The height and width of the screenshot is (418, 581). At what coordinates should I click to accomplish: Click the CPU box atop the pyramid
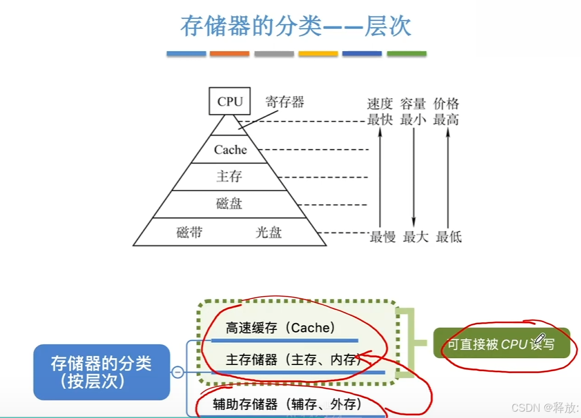230,102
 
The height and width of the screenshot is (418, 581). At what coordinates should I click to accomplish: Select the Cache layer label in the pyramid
230,150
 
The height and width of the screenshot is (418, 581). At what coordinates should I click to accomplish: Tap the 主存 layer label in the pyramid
229,177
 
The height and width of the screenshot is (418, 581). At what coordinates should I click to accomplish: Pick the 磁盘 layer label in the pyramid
229,203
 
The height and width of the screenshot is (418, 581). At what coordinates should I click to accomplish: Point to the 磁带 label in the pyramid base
189,233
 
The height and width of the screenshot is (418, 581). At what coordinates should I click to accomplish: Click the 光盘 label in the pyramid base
269,233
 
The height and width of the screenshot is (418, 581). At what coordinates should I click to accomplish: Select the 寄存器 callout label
284,102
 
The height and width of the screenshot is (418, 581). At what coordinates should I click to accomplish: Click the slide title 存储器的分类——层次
296,26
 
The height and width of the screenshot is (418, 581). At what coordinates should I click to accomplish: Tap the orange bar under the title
230,53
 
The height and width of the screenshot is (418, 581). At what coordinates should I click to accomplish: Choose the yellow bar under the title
318,53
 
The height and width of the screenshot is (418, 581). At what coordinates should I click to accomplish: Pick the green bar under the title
407,53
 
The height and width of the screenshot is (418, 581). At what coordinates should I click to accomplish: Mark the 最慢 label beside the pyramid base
383,236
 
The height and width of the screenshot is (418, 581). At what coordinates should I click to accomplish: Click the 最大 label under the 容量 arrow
415,236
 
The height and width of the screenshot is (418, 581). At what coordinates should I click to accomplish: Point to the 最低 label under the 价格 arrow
449,236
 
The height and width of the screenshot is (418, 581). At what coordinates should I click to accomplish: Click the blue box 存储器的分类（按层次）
102,372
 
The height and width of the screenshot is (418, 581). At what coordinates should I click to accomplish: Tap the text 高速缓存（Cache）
280,328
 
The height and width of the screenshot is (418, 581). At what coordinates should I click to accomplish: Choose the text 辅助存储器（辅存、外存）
290,402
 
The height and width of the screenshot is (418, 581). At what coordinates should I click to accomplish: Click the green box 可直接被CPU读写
501,344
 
